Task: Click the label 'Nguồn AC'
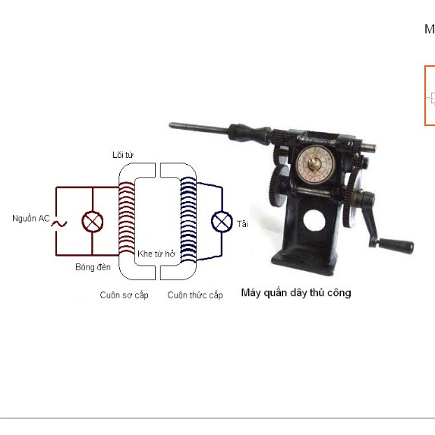tap(31, 219)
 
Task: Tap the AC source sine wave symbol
tap(59, 224)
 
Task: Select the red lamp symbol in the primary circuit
tap(93, 222)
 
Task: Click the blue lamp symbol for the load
tap(222, 222)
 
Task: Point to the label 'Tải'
tap(242, 224)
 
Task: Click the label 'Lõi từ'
tap(123, 155)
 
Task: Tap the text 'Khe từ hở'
tap(156, 254)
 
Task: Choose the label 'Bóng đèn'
tap(93, 267)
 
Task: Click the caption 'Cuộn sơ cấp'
tap(124, 295)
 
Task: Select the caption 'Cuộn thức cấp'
tap(195, 295)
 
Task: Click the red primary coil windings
tap(127, 218)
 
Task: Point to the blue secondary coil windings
tap(188, 219)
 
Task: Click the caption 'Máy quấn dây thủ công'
tap(296, 293)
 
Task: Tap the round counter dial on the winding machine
tap(315, 164)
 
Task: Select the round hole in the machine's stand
tap(314, 221)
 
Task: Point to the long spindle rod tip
tap(171, 125)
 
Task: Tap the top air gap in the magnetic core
tap(158, 170)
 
